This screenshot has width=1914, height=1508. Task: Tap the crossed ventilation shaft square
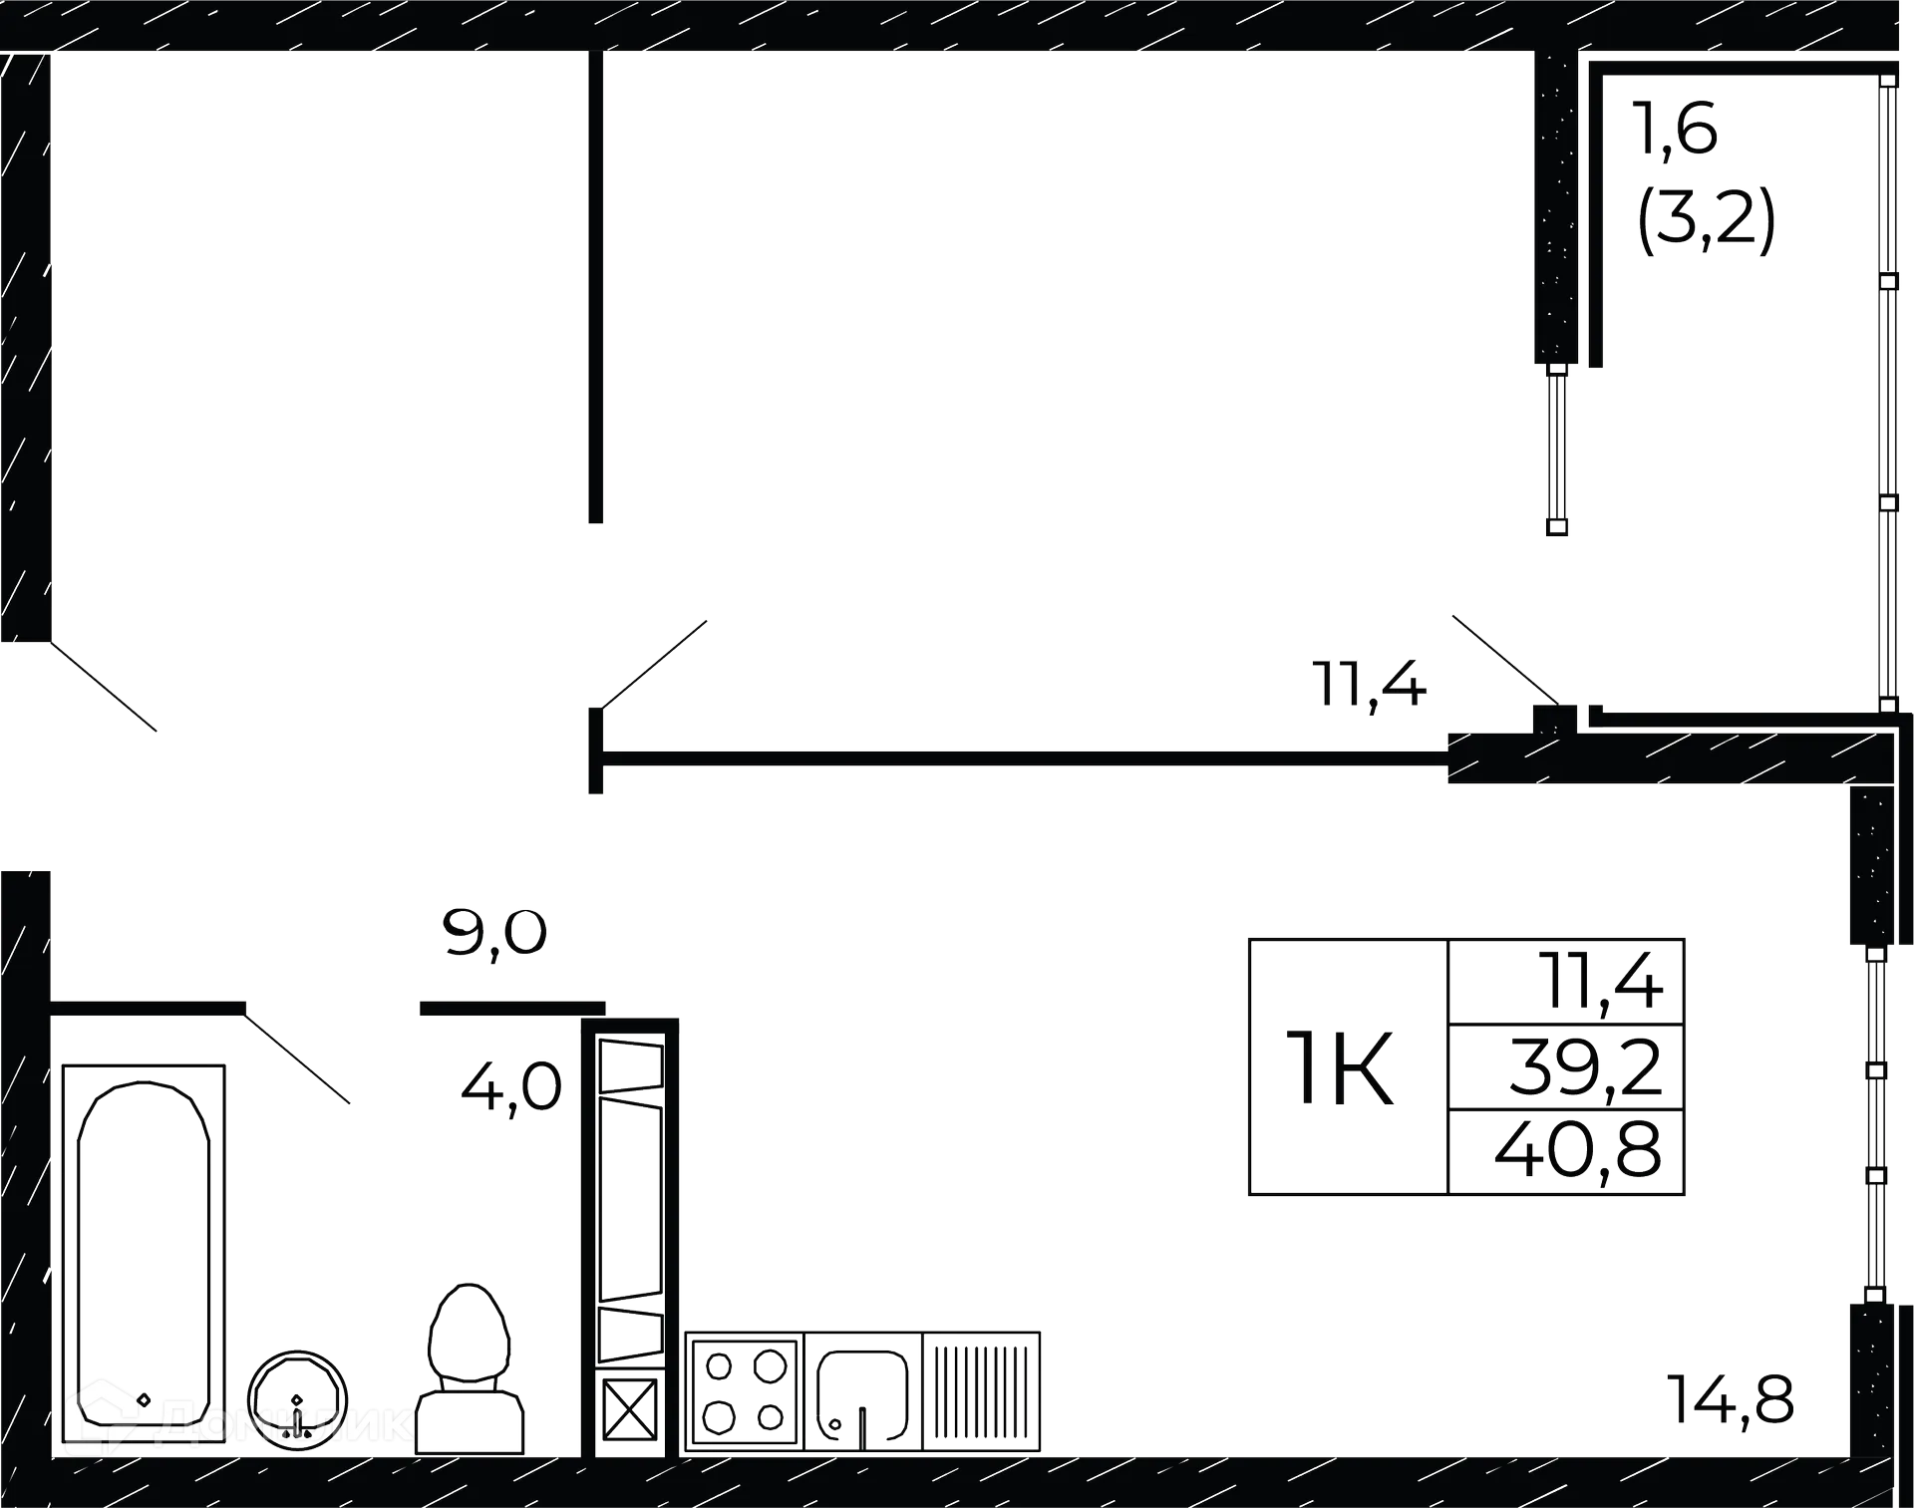[x=630, y=1409]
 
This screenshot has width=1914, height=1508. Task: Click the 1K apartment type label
[x=1340, y=1068]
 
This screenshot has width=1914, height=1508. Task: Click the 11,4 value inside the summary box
[x=1601, y=982]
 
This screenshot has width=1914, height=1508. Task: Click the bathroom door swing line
[x=297, y=1058]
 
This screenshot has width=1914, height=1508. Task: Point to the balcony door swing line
[x=1505, y=660]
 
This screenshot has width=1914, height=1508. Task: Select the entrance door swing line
[x=104, y=687]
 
